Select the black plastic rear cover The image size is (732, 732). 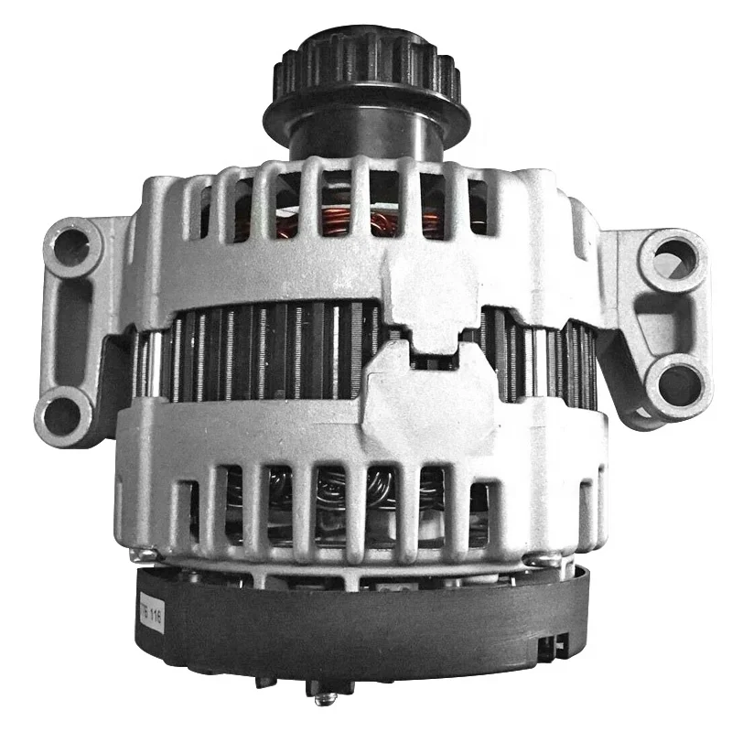366,622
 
